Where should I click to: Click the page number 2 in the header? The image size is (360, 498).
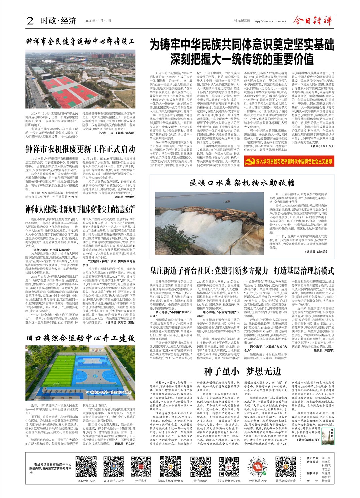pyautogui.click(x=30, y=21)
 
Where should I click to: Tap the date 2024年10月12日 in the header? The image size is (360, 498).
pyautogui.click(x=98, y=21)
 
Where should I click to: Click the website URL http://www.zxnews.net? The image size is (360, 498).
pyautogui.click(x=269, y=21)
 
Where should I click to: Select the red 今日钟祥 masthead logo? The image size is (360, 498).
pyautogui.click(x=313, y=21)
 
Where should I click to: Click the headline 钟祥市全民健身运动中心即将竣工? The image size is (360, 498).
pyautogui.click(x=80, y=42)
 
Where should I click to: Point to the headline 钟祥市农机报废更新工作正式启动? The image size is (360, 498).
pyautogui.click(x=80, y=149)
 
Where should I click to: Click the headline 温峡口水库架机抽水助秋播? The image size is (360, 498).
pyautogui.click(x=242, y=183)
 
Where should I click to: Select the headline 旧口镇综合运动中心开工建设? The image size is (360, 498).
pyautogui.click(x=80, y=338)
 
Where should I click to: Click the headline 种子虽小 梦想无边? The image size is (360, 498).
pyautogui.click(x=242, y=371)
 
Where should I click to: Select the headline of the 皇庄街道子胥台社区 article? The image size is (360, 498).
pyautogui.click(x=242, y=271)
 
